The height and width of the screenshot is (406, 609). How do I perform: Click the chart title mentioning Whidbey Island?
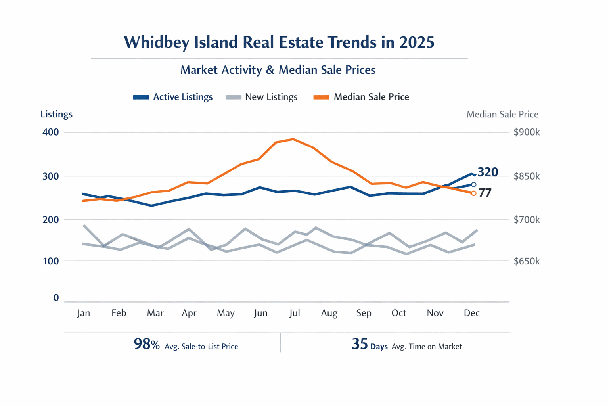tap(279, 42)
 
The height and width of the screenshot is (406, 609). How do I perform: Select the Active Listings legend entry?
tap(173, 97)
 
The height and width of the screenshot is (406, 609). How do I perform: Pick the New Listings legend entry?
tap(262, 97)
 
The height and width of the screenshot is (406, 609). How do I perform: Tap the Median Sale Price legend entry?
tap(361, 97)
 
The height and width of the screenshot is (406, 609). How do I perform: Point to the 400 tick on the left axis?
tap(50, 132)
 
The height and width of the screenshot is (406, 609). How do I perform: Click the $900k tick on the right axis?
tap(526, 132)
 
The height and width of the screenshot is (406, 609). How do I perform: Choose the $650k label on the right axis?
tap(526, 261)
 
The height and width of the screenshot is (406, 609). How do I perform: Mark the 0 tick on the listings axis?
tap(56, 298)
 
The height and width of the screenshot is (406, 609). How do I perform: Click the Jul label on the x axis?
tap(295, 313)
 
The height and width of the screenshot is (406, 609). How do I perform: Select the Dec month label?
tap(471, 313)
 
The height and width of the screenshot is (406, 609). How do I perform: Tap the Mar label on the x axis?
tap(155, 313)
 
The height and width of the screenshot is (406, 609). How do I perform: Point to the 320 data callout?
tap(488, 172)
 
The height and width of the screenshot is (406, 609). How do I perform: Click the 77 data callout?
tap(485, 193)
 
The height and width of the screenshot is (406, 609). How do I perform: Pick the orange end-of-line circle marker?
tap(473, 193)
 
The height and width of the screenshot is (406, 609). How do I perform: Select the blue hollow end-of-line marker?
tap(473, 185)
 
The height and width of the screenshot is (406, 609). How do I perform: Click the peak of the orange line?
tap(293, 139)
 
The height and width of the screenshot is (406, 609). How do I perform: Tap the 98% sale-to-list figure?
tap(147, 344)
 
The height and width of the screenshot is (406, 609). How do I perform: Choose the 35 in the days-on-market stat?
tap(360, 344)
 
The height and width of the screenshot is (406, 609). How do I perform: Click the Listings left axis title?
tap(56, 114)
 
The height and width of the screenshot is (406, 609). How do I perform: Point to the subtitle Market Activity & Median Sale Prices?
tap(278, 70)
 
